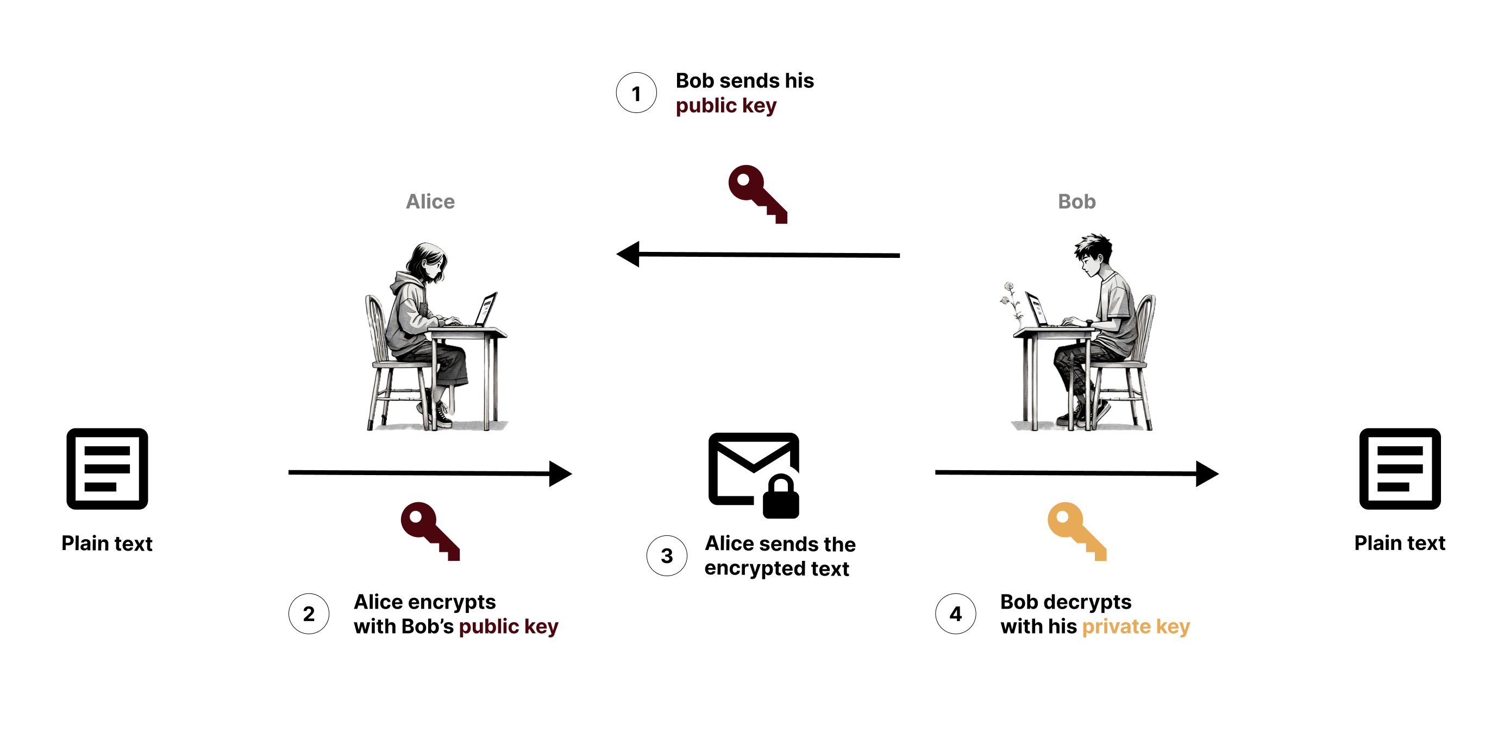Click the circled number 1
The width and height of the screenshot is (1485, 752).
click(x=636, y=93)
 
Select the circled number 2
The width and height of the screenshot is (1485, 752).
click(x=309, y=614)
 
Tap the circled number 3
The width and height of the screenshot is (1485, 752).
click(x=667, y=555)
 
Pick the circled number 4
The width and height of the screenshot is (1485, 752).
click(x=956, y=614)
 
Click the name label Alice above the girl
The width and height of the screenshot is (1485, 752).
click(x=430, y=201)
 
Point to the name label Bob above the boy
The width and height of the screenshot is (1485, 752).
click(x=1076, y=201)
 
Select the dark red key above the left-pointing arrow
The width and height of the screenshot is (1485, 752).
click(x=757, y=194)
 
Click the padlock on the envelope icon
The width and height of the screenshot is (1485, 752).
click(x=781, y=497)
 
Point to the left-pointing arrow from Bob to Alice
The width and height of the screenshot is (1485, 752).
click(x=758, y=254)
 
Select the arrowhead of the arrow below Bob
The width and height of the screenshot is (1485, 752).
click(x=1207, y=473)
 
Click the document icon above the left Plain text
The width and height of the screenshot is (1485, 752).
click(x=107, y=469)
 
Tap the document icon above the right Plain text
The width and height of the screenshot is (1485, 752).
click(x=1400, y=469)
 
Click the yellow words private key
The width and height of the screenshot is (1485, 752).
click(x=1136, y=627)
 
